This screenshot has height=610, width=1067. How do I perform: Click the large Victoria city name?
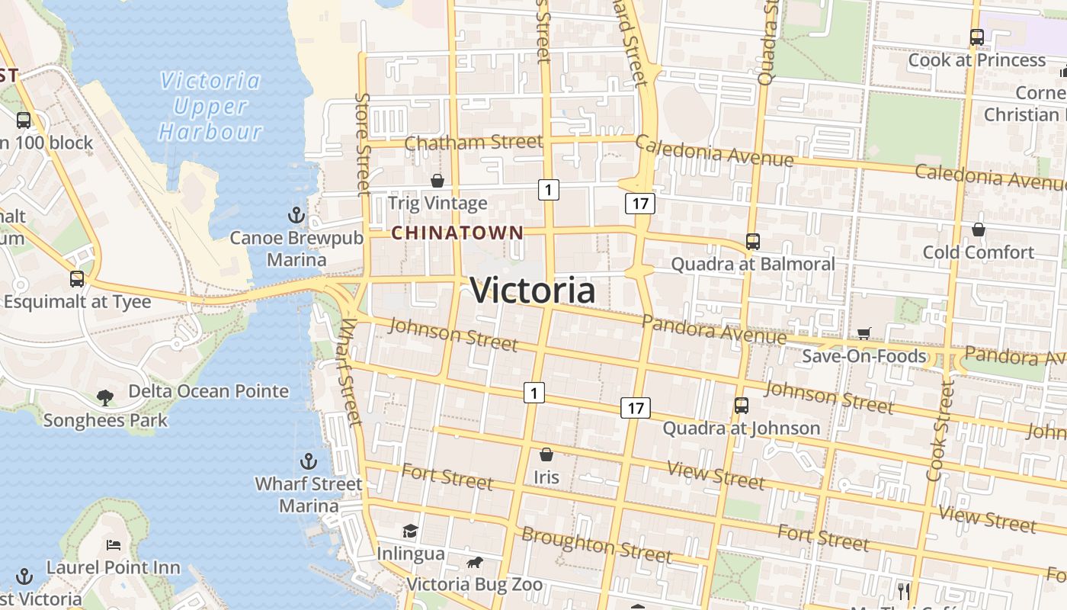click(533, 291)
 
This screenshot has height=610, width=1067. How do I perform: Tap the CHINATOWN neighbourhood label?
click(457, 233)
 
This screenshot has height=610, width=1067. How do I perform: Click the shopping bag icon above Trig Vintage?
click(437, 181)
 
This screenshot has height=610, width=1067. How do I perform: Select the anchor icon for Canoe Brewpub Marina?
click(296, 216)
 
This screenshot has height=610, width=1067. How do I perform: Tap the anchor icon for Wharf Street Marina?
click(309, 461)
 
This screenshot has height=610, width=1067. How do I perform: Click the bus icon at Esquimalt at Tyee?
click(77, 279)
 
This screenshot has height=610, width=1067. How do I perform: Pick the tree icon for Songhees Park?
click(105, 397)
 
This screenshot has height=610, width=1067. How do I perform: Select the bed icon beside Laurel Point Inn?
click(114, 545)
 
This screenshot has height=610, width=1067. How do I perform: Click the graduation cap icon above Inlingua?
click(411, 531)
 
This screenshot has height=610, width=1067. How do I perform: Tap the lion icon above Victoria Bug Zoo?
click(474, 563)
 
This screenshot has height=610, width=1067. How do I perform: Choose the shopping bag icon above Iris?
click(546, 455)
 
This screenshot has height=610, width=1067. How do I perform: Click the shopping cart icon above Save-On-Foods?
click(864, 333)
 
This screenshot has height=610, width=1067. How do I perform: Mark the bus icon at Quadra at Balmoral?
click(753, 242)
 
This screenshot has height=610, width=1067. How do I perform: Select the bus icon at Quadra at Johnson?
click(742, 406)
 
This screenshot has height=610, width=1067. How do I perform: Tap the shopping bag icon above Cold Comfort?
click(979, 230)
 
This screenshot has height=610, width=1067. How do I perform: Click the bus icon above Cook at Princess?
click(977, 37)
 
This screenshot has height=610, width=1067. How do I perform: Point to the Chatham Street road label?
click(473, 143)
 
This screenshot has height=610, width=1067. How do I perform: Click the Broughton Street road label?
click(597, 544)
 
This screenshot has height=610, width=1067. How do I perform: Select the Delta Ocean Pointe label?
click(208, 391)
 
